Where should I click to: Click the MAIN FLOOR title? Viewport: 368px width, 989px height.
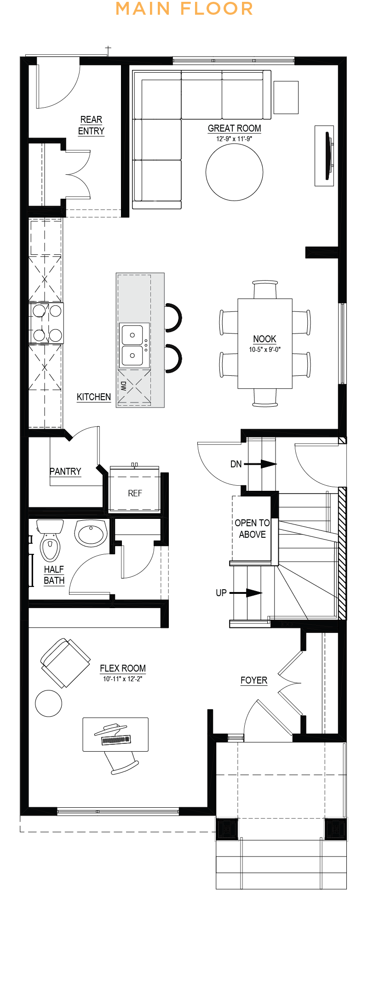184,8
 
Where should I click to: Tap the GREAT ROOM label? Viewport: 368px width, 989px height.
234,128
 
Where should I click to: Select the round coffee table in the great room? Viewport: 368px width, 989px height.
234,172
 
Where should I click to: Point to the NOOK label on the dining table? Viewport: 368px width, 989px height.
264,339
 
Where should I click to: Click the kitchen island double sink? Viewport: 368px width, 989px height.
134,345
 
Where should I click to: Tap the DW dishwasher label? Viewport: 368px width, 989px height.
123,385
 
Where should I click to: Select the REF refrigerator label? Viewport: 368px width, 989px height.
135,493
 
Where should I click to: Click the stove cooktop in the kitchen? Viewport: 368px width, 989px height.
46,323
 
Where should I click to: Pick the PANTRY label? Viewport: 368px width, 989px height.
65,471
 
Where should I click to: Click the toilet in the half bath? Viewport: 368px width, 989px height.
50,540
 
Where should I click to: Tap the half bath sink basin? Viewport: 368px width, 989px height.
91,533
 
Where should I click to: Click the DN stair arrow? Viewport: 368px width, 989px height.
260,464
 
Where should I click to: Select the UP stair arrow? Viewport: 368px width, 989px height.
246,593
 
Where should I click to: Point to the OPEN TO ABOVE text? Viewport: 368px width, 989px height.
252,529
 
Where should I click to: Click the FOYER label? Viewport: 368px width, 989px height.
254,680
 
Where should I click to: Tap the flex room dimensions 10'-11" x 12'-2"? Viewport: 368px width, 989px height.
122,679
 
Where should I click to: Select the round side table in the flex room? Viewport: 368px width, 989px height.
48,703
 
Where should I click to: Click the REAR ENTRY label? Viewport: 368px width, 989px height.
91,125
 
